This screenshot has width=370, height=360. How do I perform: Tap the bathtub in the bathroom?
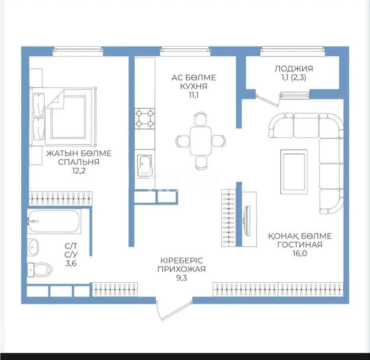[54, 221]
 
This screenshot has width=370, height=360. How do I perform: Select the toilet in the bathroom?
[39, 269]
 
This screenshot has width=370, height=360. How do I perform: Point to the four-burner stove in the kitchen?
[145, 119]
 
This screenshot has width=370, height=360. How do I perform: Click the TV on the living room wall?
[247, 220]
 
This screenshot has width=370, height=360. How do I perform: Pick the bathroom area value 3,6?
[70, 263]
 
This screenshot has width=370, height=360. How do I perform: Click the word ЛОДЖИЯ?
[294, 68]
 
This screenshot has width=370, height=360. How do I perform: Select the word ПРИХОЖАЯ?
[181, 269]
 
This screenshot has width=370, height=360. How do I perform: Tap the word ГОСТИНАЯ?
[300, 244]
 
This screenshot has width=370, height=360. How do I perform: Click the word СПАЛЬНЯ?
[79, 162]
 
